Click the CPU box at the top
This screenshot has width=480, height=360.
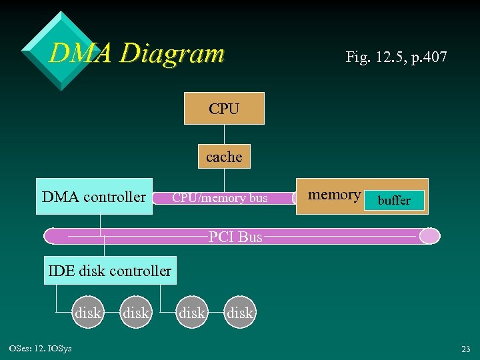[x=224, y=109]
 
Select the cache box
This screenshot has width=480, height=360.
[x=224, y=157]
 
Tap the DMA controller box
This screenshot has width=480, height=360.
[x=93, y=197]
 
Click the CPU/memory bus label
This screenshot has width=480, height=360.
[x=220, y=197]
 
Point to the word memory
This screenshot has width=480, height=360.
[x=334, y=195]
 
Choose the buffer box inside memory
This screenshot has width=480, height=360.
[x=394, y=200]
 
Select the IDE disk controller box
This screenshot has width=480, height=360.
[x=110, y=271]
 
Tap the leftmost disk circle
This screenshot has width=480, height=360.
[x=88, y=313]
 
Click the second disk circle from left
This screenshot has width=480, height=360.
[x=137, y=313]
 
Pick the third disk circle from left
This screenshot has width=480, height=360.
[x=193, y=313]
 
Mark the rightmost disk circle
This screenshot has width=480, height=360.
[x=240, y=313]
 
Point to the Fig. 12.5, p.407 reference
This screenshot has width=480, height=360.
[x=396, y=57]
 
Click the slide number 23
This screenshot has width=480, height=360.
[x=465, y=349]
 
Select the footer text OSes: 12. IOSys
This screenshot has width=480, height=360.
[x=41, y=349]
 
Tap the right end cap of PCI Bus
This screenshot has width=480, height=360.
[x=430, y=236]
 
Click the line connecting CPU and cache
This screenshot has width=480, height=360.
[x=224, y=135]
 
